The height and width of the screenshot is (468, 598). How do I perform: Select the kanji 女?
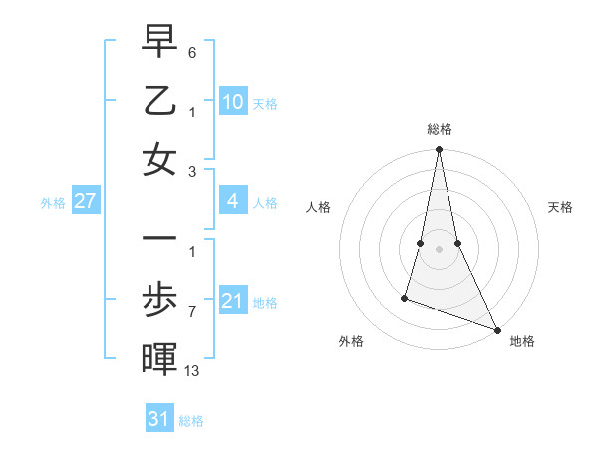coord(159,159)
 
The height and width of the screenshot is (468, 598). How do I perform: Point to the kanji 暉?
coord(159,357)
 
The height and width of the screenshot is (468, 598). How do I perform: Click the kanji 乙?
coord(159,102)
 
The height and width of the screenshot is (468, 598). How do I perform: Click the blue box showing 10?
coord(233,102)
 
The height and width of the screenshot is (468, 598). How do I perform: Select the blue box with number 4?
coord(233,202)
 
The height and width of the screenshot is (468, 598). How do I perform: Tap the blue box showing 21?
coord(233,301)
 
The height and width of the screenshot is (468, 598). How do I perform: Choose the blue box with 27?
coord(85,202)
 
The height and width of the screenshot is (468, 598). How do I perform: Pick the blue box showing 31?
coord(159,419)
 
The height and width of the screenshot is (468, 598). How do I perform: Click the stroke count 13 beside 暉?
coord(193,371)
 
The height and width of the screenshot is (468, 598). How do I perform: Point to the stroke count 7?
coord(192,312)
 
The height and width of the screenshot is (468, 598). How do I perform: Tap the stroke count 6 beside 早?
coord(192,51)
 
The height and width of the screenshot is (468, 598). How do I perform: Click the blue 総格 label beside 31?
coord(191,421)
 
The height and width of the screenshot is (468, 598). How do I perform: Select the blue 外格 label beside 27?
coord(53,203)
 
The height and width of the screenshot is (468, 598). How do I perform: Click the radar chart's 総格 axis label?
coord(439,129)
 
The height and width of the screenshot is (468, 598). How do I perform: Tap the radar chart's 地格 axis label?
coord(522,341)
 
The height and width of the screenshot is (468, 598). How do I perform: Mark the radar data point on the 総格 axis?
coord(439,150)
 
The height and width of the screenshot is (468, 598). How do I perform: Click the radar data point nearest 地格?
coord(497,329)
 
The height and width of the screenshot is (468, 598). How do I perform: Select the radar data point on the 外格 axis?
coord(405,297)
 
